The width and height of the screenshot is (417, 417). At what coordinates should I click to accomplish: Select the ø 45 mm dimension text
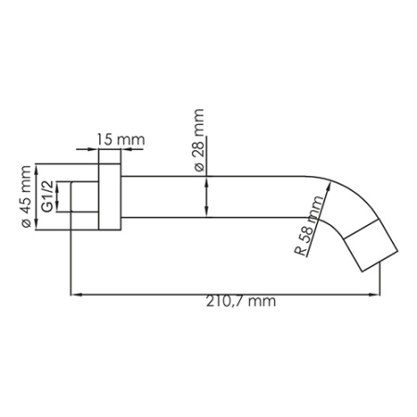tap(26, 196)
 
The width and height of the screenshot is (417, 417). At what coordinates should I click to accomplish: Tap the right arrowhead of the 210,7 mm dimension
tap(377, 295)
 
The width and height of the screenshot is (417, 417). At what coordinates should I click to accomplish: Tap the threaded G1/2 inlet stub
tap(85, 197)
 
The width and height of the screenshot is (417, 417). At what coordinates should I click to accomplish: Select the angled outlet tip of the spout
tap(370, 244)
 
